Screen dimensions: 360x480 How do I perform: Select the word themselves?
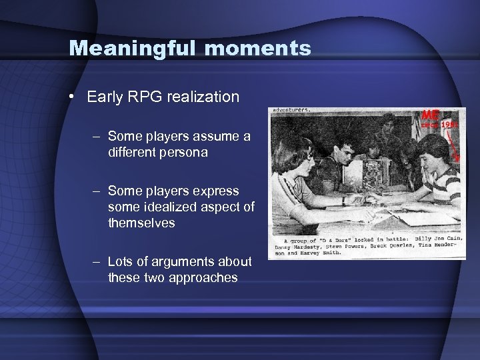(141, 223)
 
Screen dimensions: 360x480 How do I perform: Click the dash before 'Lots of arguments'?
(97, 262)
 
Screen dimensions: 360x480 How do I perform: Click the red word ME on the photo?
(430, 115)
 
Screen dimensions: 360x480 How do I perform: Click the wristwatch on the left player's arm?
(343, 199)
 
